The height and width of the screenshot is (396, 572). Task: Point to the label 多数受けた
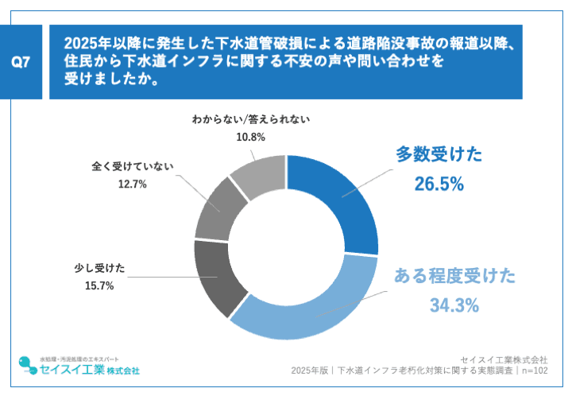point(439,154)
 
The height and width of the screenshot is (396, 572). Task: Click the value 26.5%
point(439,184)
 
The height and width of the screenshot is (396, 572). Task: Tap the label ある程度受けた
point(454,276)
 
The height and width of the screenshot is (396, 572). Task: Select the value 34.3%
point(454,305)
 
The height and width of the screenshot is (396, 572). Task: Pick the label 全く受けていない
point(132,167)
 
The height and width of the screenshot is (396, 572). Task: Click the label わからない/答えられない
point(250,120)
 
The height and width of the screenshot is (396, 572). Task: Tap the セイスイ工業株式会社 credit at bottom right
point(508,357)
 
